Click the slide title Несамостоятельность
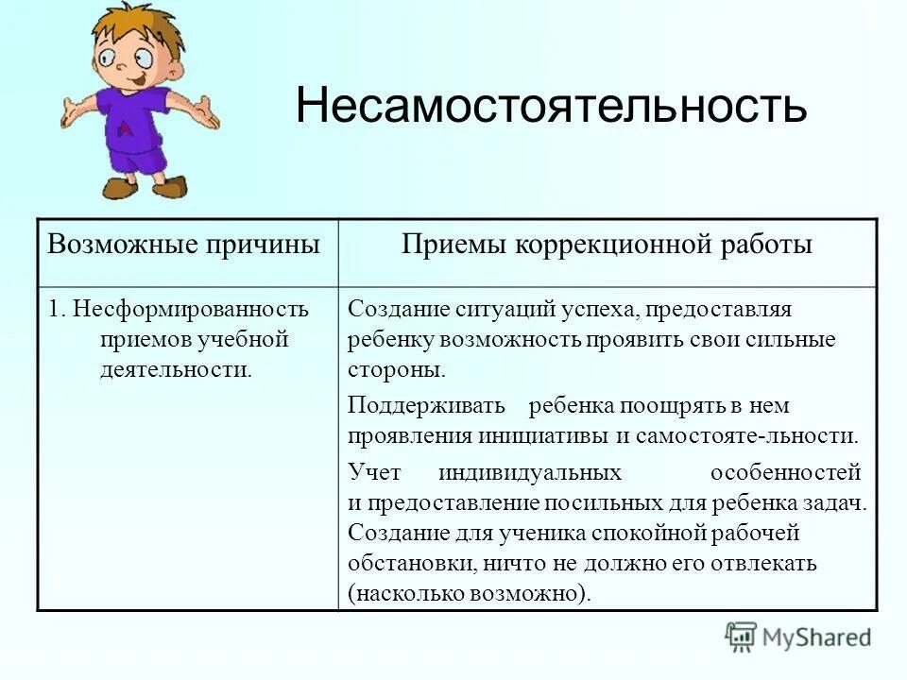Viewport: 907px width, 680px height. pos(551,106)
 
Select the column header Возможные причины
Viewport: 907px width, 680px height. pos(184,245)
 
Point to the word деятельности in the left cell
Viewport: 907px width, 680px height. pos(176,369)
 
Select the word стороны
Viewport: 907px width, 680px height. pos(396,369)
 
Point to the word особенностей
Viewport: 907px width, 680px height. pos(785,471)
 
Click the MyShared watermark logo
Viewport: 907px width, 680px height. pos(798,637)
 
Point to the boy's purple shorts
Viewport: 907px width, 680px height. pos(137,157)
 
